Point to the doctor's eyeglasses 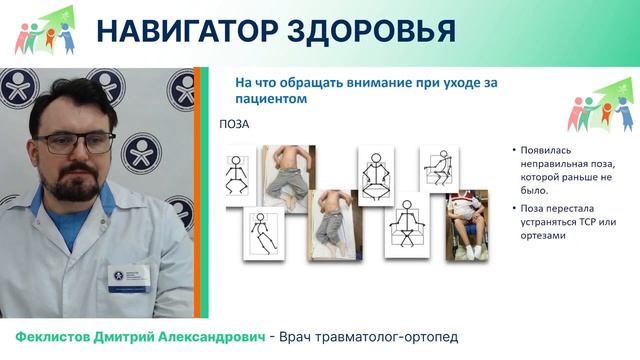click(x=81, y=143)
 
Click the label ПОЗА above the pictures click(x=234, y=126)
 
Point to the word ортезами click(x=543, y=236)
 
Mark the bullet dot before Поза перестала click(x=512, y=208)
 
